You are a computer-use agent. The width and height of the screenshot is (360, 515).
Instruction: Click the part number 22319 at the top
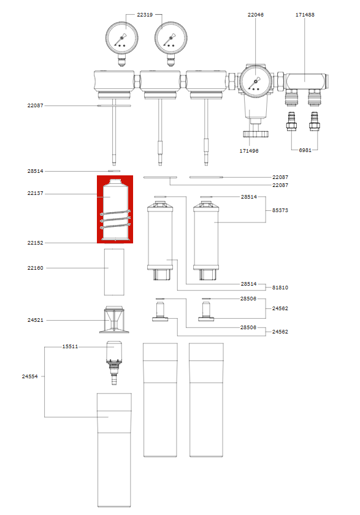(x=145, y=14)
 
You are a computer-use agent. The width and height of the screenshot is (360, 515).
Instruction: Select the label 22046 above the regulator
(x=256, y=14)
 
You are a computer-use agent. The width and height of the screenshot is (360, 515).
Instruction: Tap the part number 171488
(x=305, y=14)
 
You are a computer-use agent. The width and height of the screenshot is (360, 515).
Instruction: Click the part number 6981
(x=305, y=150)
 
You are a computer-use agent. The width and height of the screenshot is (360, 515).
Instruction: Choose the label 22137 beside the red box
(x=36, y=194)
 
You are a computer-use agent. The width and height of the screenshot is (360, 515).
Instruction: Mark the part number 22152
(x=36, y=243)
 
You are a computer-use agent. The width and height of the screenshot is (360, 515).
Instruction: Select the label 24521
(x=36, y=320)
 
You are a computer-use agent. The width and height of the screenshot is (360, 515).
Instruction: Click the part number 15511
(x=70, y=346)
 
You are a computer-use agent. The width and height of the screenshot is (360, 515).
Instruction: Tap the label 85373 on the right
(x=280, y=210)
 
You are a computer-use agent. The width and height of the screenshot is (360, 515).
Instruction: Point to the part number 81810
(x=280, y=287)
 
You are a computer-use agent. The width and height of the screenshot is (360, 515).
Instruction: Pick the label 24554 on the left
(x=29, y=376)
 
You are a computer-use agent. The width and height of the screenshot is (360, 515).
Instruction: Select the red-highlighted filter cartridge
(x=115, y=209)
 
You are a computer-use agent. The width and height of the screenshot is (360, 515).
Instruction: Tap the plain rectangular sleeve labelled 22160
(x=115, y=272)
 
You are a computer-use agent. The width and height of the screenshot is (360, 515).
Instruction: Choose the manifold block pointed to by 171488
(x=305, y=79)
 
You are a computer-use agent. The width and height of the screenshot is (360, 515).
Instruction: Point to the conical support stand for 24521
(x=115, y=319)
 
